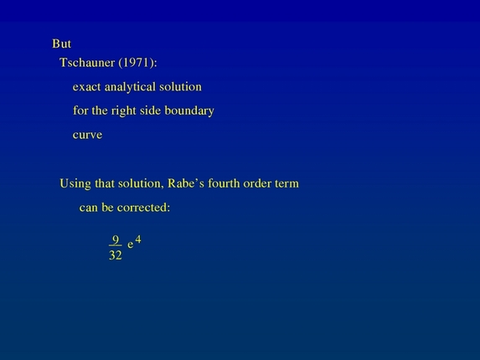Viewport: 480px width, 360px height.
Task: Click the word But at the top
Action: tap(61, 44)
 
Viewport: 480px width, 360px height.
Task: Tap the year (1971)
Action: tap(140, 62)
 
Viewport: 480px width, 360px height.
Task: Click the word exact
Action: tap(87, 86)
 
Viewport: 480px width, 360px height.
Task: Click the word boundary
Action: tap(190, 111)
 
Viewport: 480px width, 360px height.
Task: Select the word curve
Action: tap(87, 135)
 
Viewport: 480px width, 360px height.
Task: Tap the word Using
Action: tap(75, 183)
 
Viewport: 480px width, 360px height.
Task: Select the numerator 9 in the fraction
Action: tap(116, 239)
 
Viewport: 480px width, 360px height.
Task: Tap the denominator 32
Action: tap(116, 255)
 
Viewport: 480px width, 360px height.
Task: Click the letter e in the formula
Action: tap(131, 245)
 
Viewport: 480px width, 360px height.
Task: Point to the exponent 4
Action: tap(138, 239)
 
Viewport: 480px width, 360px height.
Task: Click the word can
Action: tap(89, 208)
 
